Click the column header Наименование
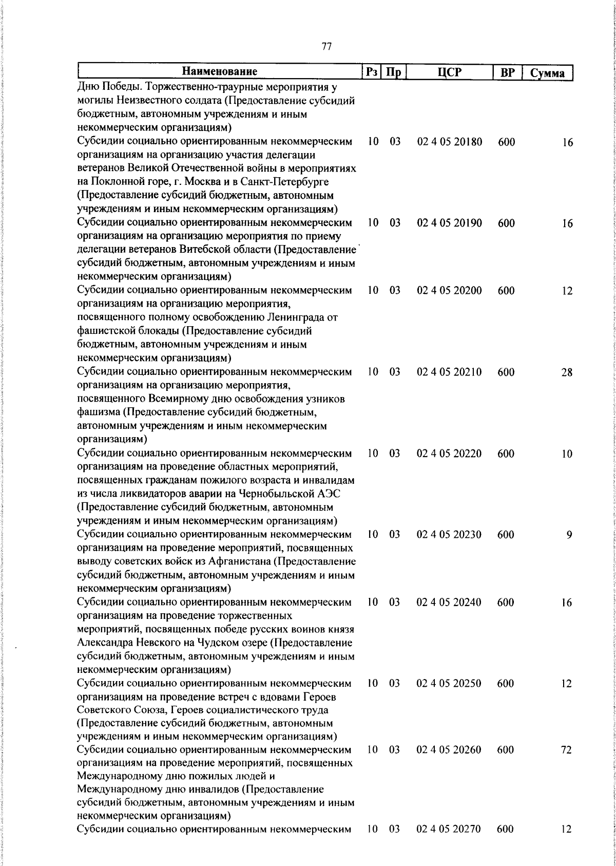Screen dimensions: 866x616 (219, 71)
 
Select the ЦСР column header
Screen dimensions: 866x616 (449, 72)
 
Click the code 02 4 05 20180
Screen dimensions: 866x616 (449, 142)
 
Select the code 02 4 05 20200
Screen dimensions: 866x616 (449, 291)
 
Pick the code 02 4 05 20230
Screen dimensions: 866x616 (449, 535)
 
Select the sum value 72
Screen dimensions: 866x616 (566, 750)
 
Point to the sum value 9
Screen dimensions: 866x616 (569, 535)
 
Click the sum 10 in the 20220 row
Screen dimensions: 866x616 (566, 454)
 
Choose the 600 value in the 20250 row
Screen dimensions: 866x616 (506, 684)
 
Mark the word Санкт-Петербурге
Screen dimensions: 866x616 (286, 182)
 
